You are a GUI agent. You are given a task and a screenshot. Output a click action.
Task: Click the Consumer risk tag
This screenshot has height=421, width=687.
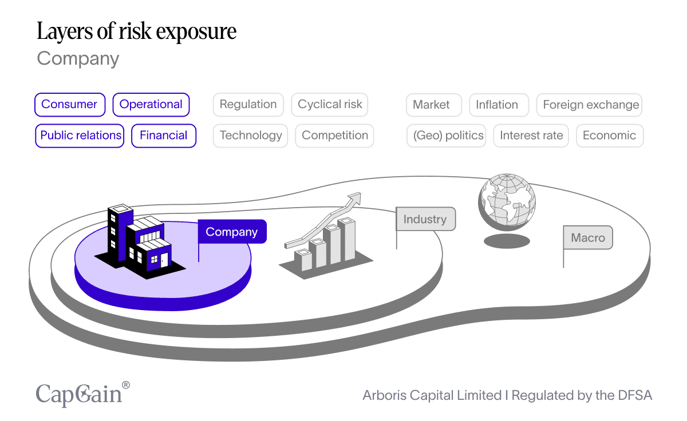point(70,105)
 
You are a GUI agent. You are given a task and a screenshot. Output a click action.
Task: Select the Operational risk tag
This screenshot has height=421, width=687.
point(151,105)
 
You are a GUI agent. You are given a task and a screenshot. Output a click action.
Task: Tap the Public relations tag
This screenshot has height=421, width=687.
point(80,136)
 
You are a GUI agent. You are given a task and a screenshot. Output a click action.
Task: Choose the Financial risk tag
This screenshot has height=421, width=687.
point(164,136)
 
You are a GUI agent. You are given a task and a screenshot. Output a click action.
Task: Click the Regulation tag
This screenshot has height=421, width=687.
point(248,105)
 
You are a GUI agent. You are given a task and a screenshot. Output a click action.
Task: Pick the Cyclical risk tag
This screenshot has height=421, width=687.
point(330,105)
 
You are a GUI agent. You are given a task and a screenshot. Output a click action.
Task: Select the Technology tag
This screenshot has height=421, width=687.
point(251,136)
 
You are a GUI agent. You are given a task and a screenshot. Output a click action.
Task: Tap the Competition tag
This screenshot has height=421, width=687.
point(335,136)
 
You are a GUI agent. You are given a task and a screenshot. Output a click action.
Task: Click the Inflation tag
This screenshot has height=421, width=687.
point(497,105)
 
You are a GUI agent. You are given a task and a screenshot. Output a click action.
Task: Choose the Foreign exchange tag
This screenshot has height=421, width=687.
point(591,105)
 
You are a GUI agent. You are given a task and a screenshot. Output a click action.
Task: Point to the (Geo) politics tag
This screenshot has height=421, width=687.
point(448,136)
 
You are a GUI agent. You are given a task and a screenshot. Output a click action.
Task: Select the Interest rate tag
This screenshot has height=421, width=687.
point(531,136)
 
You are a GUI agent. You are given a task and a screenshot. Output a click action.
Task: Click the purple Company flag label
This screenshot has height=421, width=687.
point(232,232)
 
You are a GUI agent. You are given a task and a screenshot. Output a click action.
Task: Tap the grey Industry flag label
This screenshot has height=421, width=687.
point(425,219)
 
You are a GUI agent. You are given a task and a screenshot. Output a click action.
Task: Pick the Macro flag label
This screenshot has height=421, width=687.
point(588,237)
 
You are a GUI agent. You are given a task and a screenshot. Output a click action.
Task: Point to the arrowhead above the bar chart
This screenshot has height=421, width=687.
point(354,198)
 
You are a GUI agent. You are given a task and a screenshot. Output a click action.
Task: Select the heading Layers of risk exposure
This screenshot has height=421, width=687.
point(136,31)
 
